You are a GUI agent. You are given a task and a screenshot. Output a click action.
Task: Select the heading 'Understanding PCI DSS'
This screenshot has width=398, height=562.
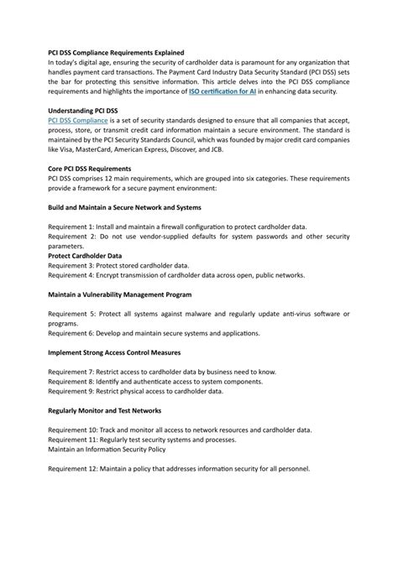tap(88, 110)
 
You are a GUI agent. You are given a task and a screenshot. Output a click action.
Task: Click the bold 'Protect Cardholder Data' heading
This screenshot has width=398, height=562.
tap(85, 255)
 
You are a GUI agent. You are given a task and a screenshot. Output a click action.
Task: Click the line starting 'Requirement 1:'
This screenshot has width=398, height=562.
tap(177, 226)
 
